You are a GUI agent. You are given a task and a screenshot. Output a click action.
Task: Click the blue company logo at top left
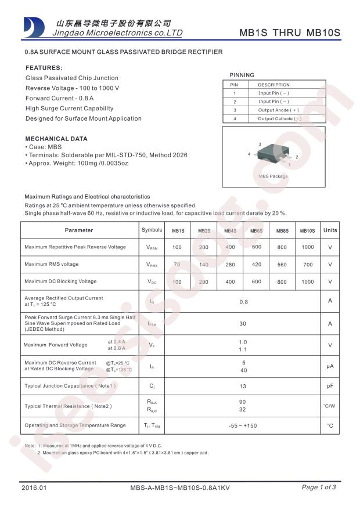[x=34, y=27]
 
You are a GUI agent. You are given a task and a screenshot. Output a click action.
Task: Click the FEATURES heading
[x=44, y=67]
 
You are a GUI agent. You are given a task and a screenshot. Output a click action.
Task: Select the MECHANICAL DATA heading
[x=56, y=139]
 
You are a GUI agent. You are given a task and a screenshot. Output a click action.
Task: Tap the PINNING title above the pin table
[x=242, y=75]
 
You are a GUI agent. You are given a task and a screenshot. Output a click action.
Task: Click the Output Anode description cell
[x=279, y=110]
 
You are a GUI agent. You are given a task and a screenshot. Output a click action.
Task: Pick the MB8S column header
[x=282, y=231]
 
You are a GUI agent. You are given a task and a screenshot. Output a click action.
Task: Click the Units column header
[x=330, y=230]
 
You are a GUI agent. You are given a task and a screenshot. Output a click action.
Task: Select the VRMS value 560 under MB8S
[x=282, y=265]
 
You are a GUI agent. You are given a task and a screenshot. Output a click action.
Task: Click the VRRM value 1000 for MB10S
[x=307, y=247]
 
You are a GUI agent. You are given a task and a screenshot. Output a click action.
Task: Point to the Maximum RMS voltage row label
[x=51, y=264]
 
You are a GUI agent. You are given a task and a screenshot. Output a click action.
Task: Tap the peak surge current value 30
[x=243, y=324]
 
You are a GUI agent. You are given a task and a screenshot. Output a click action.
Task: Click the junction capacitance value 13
[x=243, y=386]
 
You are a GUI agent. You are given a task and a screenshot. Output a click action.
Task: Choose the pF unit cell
[x=330, y=386]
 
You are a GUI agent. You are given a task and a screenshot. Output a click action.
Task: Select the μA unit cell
[x=330, y=366]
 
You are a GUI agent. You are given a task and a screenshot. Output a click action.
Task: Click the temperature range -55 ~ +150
[x=243, y=426]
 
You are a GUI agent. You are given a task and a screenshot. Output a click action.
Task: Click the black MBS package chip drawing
[x=273, y=154]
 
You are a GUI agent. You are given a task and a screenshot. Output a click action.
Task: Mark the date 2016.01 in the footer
[x=34, y=488]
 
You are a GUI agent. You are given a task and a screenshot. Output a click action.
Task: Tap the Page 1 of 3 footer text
[x=319, y=487]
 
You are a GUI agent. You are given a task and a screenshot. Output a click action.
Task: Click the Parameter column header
[x=79, y=230]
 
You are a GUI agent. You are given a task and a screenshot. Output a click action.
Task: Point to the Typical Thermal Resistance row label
[x=68, y=406]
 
